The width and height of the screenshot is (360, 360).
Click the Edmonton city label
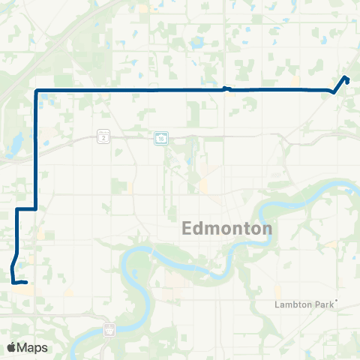coord(227,229)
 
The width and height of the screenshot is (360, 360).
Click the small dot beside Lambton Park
coord(337,301)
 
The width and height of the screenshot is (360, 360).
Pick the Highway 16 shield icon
coord(161,137)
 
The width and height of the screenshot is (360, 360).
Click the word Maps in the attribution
coord(33,347)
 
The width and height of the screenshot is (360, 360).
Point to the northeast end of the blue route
coord(346,78)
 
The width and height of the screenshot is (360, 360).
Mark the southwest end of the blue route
coord(25,283)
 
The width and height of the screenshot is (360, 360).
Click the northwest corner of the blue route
coord(36,91)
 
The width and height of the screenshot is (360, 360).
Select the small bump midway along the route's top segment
coord(227,88)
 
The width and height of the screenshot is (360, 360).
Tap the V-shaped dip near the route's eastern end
coord(333,92)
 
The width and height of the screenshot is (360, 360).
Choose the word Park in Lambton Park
coord(323,304)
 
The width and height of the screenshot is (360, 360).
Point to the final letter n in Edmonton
coord(267,229)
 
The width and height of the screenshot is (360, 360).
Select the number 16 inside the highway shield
coord(161,137)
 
